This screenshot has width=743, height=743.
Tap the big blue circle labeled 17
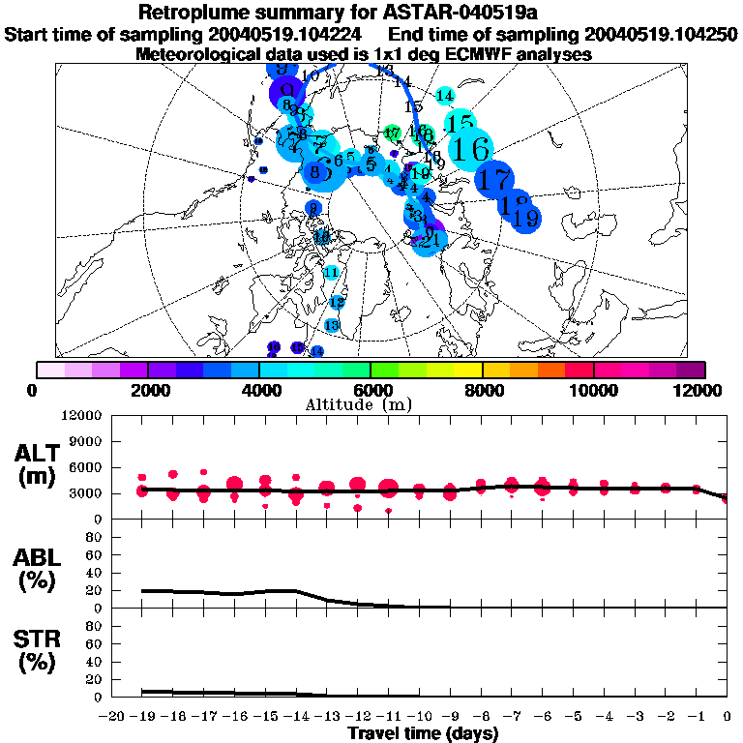pyautogui.click(x=495, y=179)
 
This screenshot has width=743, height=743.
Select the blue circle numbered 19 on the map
pyautogui.click(x=525, y=219)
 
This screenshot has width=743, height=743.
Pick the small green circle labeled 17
pyautogui.click(x=392, y=133)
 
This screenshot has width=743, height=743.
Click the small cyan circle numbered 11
pyautogui.click(x=331, y=273)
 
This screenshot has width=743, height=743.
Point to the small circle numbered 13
pyautogui.click(x=332, y=325)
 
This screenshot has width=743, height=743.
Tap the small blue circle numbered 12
pyautogui.click(x=337, y=302)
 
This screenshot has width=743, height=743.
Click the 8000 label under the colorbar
pyautogui.click(x=482, y=390)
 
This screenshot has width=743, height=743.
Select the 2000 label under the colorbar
pyautogui.click(x=147, y=390)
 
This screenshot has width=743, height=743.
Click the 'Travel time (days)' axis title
pyautogui.click(x=423, y=733)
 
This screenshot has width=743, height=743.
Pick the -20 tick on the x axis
pyautogui.click(x=113, y=716)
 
